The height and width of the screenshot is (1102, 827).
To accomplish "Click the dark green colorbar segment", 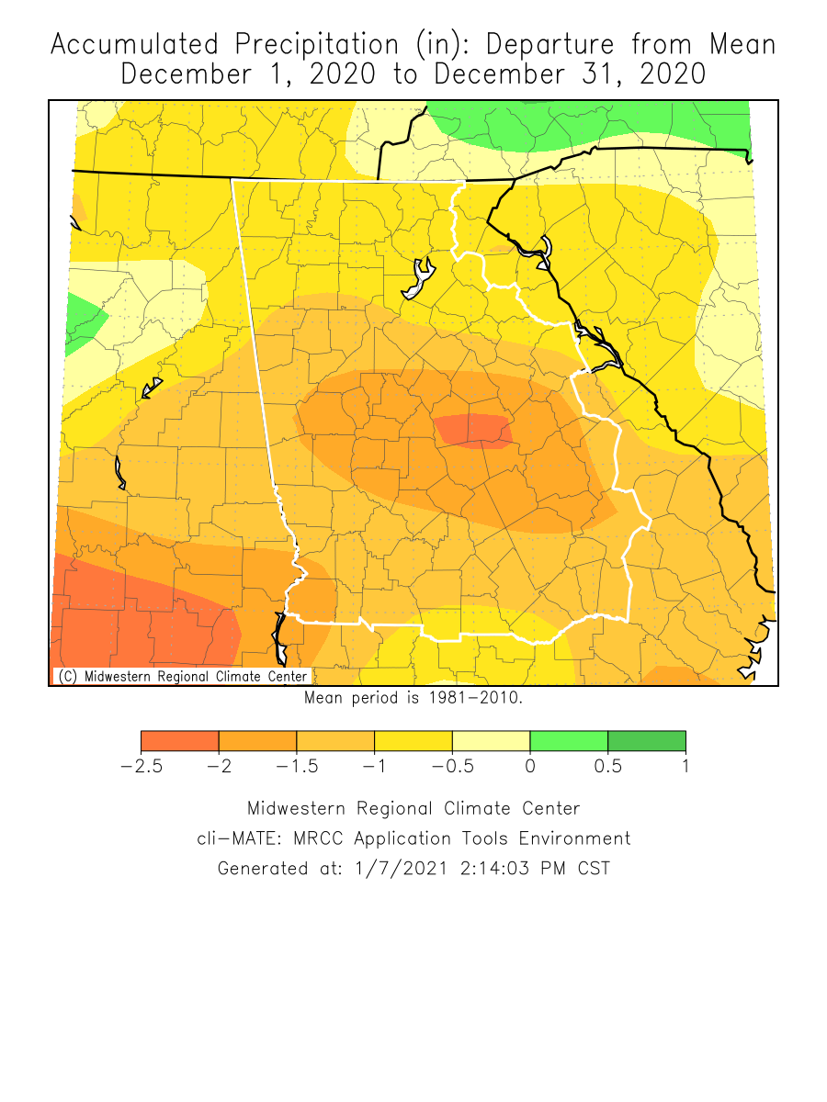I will pyautogui.click(x=647, y=741).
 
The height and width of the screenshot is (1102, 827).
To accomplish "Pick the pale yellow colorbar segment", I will pyautogui.click(x=491, y=741).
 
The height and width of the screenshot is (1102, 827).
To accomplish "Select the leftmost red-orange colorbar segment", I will pyautogui.click(x=179, y=741).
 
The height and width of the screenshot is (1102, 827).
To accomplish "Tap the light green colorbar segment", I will pyautogui.click(x=569, y=741).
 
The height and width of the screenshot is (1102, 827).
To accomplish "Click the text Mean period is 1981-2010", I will pyautogui.click(x=413, y=698).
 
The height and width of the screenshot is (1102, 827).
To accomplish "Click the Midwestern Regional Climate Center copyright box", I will pyautogui.click(x=182, y=676).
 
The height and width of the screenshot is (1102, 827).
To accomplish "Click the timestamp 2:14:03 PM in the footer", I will pyautogui.click(x=510, y=868).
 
